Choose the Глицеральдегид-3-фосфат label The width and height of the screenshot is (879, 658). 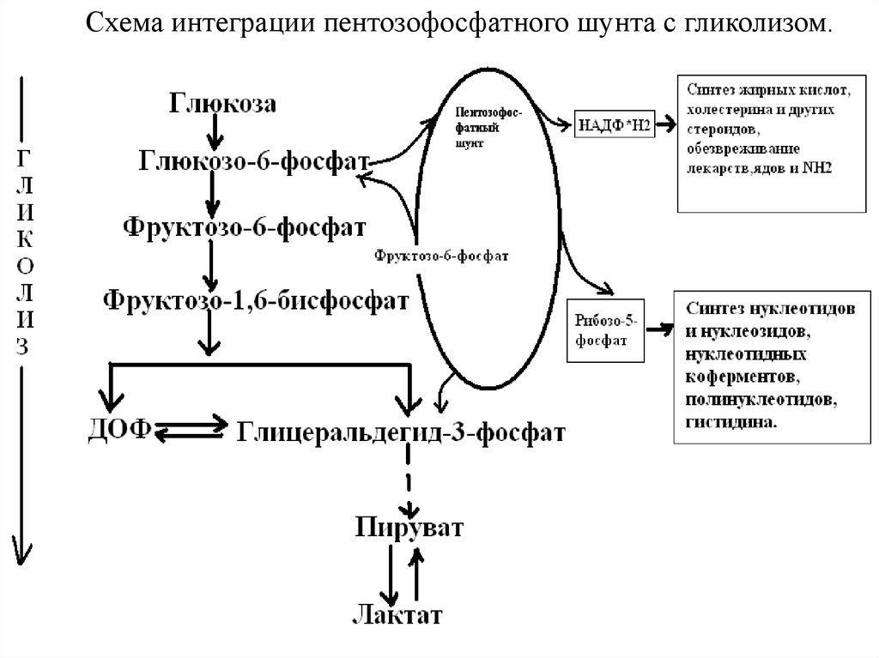(401, 430)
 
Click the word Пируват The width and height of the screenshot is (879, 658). (409, 526)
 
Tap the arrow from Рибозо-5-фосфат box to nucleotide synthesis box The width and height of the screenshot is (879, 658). (658, 328)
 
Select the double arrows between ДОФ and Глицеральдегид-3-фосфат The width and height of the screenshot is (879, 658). (191, 429)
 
